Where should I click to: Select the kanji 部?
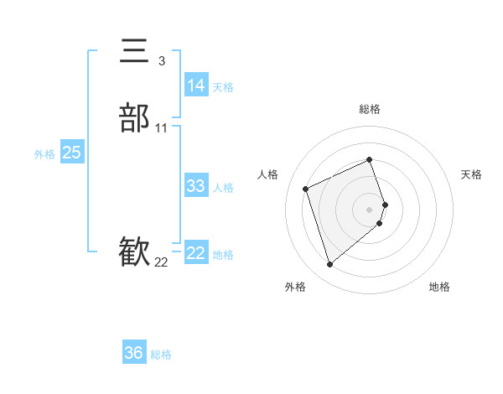tap(134, 118)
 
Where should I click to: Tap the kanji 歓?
tap(134, 252)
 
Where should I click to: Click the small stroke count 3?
tap(161, 61)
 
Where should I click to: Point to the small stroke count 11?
tap(161, 128)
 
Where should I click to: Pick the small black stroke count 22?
tap(161, 262)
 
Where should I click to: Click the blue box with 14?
tap(196, 86)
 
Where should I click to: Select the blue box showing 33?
tap(196, 186)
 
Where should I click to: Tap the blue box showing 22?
tap(196, 253)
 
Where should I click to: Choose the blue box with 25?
tap(72, 153)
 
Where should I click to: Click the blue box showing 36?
tap(134, 353)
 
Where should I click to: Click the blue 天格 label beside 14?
tap(223, 87)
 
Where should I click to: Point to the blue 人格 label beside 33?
tap(223, 188)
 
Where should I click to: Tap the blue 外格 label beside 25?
tap(44, 154)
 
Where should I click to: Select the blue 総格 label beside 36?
tap(161, 355)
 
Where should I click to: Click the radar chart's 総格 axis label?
tap(370, 109)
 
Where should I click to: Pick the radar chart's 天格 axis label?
tap(471, 174)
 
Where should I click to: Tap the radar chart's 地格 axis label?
tap(439, 287)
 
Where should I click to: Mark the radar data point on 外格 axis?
tap(329, 265)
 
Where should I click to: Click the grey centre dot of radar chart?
tap(370, 209)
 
